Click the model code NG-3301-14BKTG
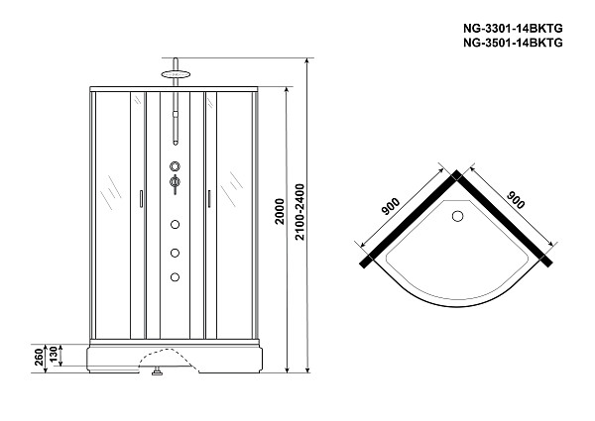click(x=513, y=29)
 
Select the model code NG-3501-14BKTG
click(x=513, y=43)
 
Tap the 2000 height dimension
click(x=280, y=211)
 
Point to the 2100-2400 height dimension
click(x=299, y=212)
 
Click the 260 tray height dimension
click(x=39, y=358)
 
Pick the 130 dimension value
click(x=54, y=356)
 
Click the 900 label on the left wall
click(x=391, y=206)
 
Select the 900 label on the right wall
click(x=516, y=200)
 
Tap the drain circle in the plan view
click(x=458, y=216)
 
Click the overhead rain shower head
click(x=176, y=74)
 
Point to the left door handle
click(x=141, y=199)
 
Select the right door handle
click(x=208, y=199)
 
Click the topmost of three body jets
click(x=175, y=225)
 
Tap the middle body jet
click(x=175, y=253)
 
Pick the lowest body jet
click(x=175, y=277)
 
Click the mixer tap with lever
click(x=175, y=184)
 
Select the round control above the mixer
click(x=175, y=166)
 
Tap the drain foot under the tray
click(x=157, y=371)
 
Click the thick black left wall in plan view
click(x=411, y=219)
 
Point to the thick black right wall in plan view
click(x=505, y=219)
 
